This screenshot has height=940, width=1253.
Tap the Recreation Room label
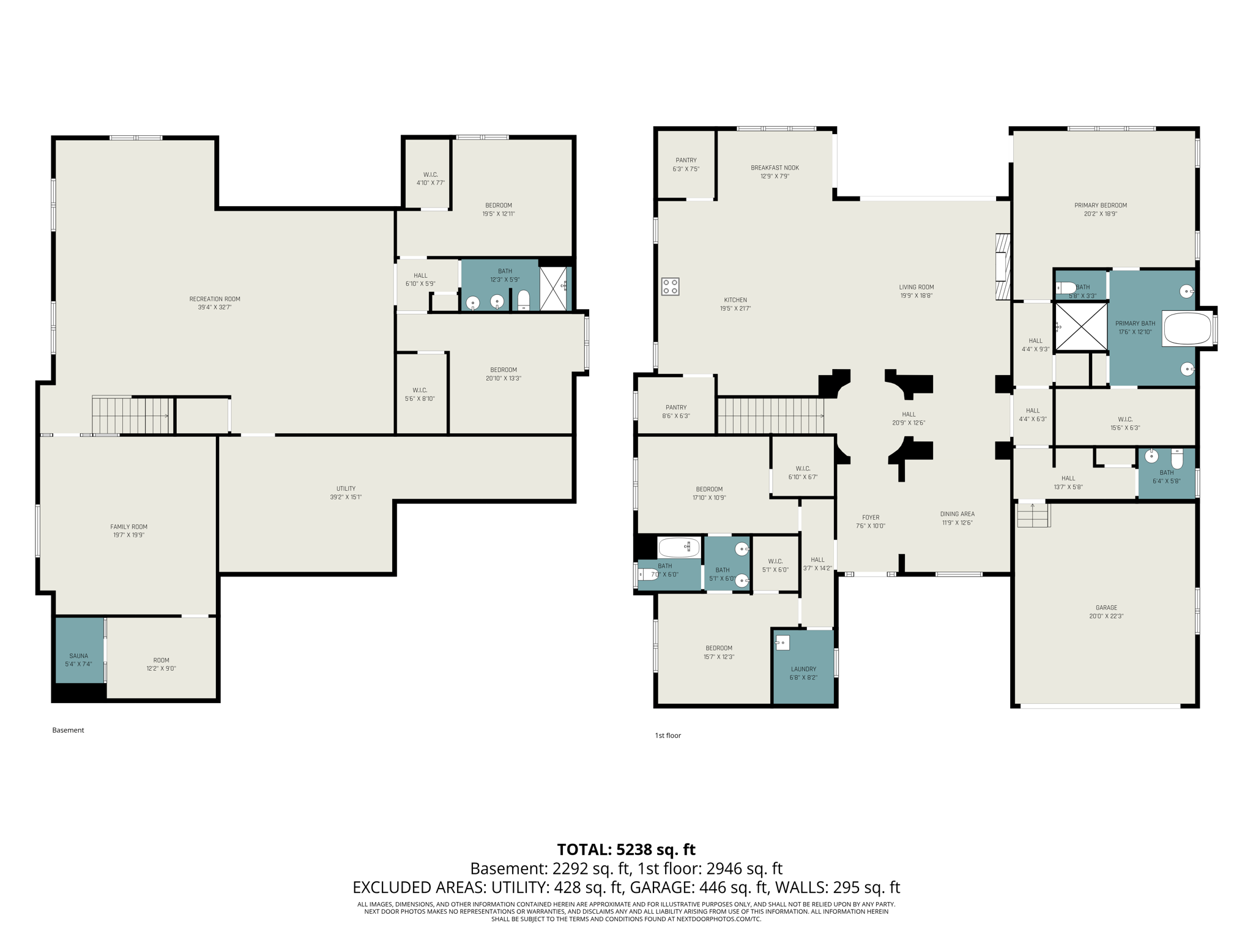coord(215,299)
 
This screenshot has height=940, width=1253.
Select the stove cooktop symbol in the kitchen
coord(670,286)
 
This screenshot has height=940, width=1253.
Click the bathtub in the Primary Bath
coord(1187,329)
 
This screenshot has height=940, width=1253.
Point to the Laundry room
coord(803,669)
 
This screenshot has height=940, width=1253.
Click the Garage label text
coord(1106,608)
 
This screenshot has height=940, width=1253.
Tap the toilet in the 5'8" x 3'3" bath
coord(1066,288)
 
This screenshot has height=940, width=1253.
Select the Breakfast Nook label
coord(775,168)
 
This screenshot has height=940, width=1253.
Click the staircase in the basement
coord(131,416)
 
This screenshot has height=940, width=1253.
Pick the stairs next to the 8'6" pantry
coord(770,416)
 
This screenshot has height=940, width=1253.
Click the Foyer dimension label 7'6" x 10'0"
coord(870,526)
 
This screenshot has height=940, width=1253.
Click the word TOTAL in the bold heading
coord(584,849)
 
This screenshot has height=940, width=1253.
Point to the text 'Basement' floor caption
coord(68,730)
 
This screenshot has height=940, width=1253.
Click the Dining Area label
coord(957,514)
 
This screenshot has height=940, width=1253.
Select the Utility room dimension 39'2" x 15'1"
coord(346,497)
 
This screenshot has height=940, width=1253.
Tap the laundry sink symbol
coord(783,643)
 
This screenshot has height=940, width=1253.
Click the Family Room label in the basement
coord(128,526)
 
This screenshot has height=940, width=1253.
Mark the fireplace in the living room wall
coord(1002,267)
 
